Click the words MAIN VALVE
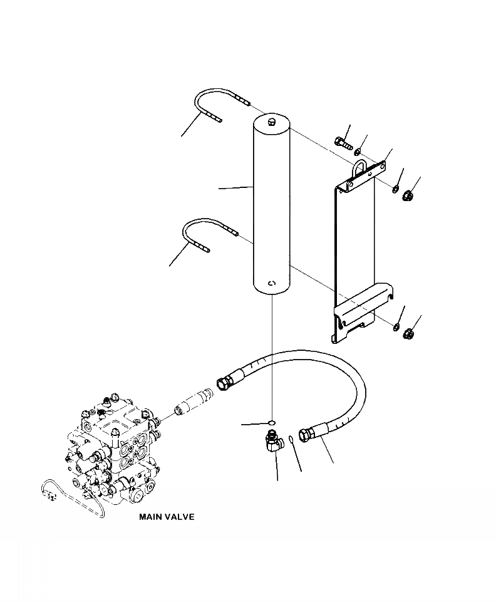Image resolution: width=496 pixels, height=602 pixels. click(x=167, y=517)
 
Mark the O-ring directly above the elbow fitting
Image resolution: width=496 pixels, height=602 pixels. click(x=271, y=422)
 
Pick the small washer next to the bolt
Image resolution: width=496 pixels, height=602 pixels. click(x=358, y=152)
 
